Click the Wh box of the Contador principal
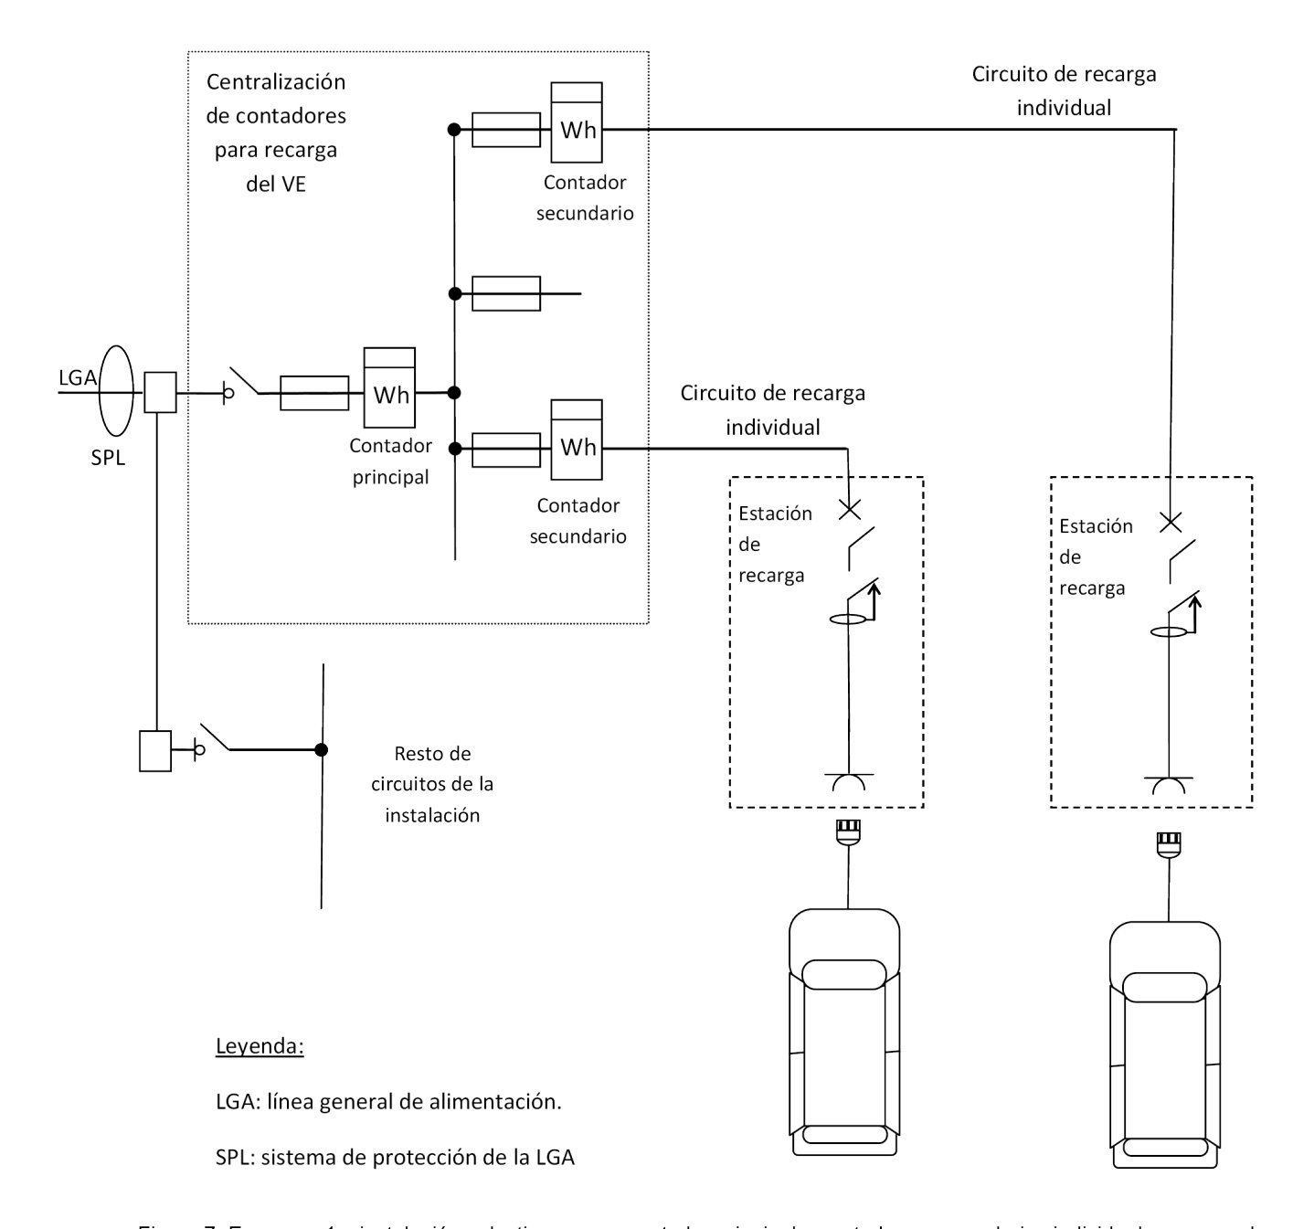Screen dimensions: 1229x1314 389,394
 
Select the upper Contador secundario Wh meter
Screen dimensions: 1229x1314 577,130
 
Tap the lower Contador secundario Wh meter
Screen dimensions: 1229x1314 577,447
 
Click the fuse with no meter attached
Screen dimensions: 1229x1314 506,293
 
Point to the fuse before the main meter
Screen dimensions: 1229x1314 314,393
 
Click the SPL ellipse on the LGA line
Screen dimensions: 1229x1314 116,390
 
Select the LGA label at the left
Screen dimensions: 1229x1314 77,376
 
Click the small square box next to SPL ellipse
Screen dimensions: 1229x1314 160,393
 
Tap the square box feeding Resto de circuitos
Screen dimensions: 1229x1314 155,750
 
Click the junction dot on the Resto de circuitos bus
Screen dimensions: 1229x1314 321,749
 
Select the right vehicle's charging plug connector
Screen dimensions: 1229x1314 1169,842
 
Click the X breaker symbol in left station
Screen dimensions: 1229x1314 850,509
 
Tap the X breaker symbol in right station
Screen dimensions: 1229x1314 1170,522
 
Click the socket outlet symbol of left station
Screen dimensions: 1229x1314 850,781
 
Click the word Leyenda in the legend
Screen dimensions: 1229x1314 260,1046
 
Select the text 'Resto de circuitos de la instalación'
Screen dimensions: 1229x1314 432,784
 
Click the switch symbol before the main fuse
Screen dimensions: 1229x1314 242,384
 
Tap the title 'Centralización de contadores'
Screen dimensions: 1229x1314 276,99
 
